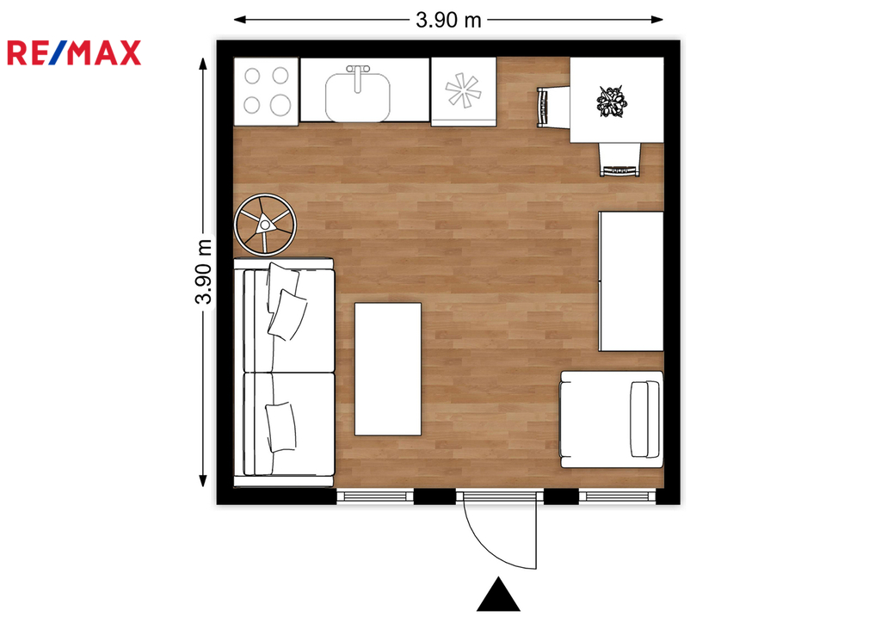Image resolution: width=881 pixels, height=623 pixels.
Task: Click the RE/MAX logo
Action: (x=74, y=52)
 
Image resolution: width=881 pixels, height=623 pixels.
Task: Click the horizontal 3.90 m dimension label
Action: (x=448, y=21)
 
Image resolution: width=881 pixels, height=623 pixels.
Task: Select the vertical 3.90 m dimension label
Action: (x=203, y=271)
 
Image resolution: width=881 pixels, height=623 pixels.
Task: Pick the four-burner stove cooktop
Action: (x=266, y=91)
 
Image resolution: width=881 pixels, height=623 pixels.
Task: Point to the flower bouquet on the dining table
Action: (x=612, y=102)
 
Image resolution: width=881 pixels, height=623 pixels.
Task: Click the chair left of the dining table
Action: (x=553, y=108)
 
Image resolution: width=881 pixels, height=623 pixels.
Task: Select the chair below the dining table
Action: (x=619, y=159)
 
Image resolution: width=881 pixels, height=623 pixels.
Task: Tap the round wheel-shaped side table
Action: (x=265, y=225)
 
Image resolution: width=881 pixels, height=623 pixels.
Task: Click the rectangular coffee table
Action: (x=388, y=369)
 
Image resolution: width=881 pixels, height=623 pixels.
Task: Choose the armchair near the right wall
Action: (x=612, y=419)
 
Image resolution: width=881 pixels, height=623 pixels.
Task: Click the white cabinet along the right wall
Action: (x=631, y=281)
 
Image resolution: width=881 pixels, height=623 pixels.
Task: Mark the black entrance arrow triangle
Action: (x=498, y=595)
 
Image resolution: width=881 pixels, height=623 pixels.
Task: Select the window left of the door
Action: (x=375, y=496)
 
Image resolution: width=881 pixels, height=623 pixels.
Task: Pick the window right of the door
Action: (x=618, y=496)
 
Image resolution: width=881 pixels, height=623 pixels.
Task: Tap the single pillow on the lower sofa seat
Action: (x=281, y=427)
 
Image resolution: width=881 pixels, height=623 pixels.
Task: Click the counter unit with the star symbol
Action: (x=464, y=91)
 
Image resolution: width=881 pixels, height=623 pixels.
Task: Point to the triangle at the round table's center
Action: (x=264, y=225)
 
